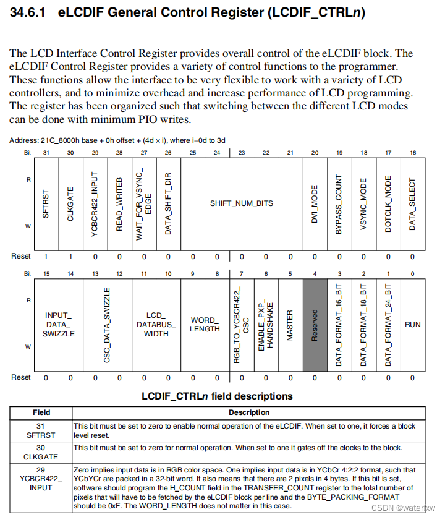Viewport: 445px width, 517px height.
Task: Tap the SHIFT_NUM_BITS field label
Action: (241, 203)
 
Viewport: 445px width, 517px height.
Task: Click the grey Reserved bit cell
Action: (314, 324)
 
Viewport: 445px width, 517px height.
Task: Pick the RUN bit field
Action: (412, 324)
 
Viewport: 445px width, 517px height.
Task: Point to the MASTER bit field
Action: (290, 324)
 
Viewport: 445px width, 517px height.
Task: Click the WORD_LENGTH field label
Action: (205, 324)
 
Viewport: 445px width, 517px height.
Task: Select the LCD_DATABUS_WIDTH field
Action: (156, 324)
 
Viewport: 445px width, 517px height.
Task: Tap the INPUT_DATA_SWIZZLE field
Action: (59, 324)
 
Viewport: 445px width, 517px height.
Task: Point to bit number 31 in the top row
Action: (46, 153)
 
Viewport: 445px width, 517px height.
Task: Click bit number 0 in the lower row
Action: (412, 273)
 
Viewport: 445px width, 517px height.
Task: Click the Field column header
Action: (41, 412)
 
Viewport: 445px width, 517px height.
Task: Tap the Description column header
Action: (249, 412)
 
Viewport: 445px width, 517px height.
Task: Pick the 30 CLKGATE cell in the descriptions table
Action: (41, 452)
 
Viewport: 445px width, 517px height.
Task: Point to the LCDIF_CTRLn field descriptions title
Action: (218, 396)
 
